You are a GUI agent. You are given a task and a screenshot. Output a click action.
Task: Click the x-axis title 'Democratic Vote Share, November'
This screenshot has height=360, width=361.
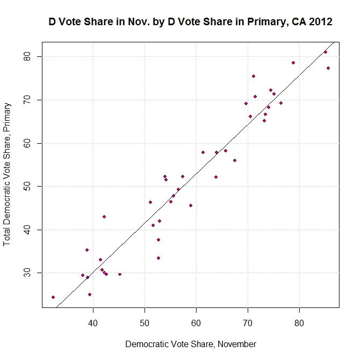tap(190, 344)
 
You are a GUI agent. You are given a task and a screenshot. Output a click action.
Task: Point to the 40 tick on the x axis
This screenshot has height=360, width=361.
tap(93, 324)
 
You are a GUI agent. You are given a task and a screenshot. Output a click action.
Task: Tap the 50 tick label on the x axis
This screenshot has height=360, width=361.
tap(145, 324)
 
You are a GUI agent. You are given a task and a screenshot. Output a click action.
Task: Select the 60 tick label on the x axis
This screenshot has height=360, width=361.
tap(196, 324)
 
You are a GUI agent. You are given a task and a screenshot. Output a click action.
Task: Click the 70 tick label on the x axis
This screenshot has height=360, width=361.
tap(248, 324)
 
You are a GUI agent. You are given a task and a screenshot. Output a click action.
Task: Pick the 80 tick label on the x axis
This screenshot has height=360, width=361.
tap(299, 324)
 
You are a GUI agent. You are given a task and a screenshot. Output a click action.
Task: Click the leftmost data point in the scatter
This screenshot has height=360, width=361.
tap(53, 297)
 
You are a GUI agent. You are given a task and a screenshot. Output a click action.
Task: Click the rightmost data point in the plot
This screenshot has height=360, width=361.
tap(328, 68)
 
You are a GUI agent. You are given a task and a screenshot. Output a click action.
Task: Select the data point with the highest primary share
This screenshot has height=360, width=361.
tap(326, 52)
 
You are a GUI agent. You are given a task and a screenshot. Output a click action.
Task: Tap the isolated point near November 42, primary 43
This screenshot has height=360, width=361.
tap(104, 217)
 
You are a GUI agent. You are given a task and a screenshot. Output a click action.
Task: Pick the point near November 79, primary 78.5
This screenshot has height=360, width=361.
tap(293, 63)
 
